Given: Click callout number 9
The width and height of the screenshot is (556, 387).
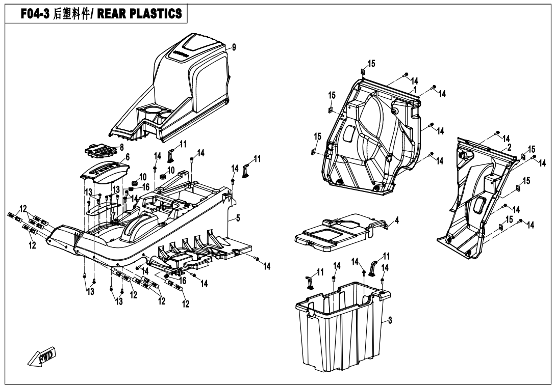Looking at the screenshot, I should (234, 47).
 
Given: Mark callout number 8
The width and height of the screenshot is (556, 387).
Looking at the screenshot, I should (121, 147).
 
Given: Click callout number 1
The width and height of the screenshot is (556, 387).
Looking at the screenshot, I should (415, 89).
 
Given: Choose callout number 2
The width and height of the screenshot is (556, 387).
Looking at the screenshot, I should (509, 147).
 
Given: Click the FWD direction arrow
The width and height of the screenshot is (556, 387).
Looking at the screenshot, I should (43, 358).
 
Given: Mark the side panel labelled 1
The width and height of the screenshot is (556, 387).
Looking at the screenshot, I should (372, 137).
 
